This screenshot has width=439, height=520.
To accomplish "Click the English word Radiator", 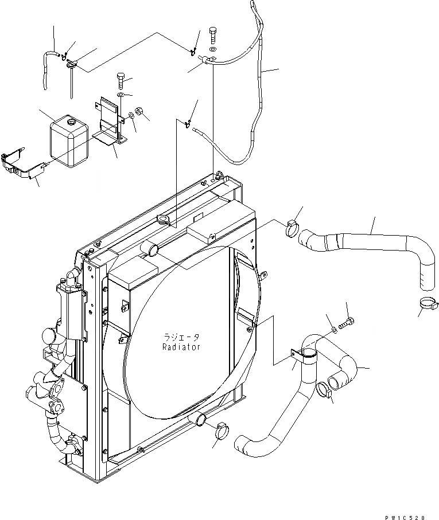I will click(x=181, y=348).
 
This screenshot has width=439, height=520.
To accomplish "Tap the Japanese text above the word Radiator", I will click(x=181, y=338).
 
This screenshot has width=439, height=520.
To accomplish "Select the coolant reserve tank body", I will click(x=68, y=143).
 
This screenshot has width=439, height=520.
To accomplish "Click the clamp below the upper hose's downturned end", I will click(x=426, y=304).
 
